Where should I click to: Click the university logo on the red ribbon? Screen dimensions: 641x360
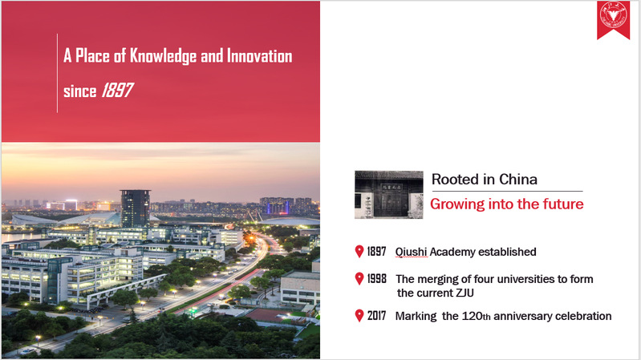point(613,14)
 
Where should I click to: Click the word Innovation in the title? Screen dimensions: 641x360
point(260,56)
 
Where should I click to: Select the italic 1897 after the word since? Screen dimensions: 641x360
point(118,91)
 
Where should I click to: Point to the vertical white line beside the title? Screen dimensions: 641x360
point(57,73)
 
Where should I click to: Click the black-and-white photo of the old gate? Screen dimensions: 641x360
point(389,195)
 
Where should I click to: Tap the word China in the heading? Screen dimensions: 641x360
point(518,180)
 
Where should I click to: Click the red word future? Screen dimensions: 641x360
point(563,204)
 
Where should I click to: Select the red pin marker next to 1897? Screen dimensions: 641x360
point(359,252)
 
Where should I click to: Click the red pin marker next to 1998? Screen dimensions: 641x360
point(359,279)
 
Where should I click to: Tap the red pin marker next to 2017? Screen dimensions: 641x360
point(359,315)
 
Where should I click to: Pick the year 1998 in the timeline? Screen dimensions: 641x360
point(376,279)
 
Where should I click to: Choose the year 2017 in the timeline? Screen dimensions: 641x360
point(376,315)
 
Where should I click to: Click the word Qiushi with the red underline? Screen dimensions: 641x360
point(412,252)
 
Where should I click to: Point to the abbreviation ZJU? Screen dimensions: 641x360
point(464,293)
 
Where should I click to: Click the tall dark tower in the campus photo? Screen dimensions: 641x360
point(136,208)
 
